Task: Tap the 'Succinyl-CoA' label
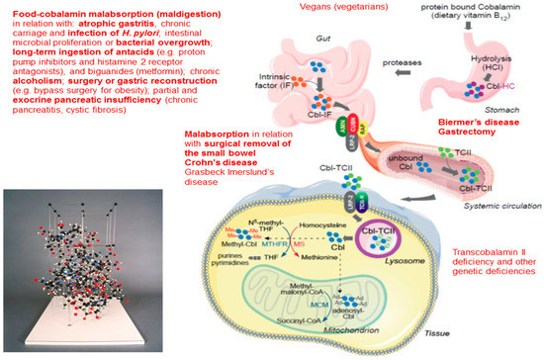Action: [294, 319]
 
